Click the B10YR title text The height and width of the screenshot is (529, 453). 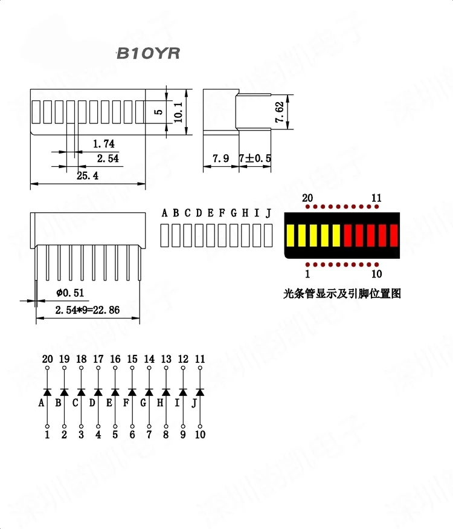147,54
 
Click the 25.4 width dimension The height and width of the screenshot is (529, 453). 88,175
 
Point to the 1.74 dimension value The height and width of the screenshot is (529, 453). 103,144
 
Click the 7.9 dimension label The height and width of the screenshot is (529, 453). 220,158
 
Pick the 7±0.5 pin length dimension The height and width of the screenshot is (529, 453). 255,158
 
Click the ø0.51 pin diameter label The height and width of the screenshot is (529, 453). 70,293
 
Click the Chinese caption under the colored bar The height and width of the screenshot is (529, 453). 342,294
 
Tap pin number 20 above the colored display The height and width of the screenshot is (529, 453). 307,198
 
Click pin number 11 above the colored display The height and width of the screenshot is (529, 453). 377,198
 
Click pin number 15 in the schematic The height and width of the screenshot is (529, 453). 132,359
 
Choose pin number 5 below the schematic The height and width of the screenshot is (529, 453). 115,434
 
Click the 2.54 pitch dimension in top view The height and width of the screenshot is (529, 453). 108,159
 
